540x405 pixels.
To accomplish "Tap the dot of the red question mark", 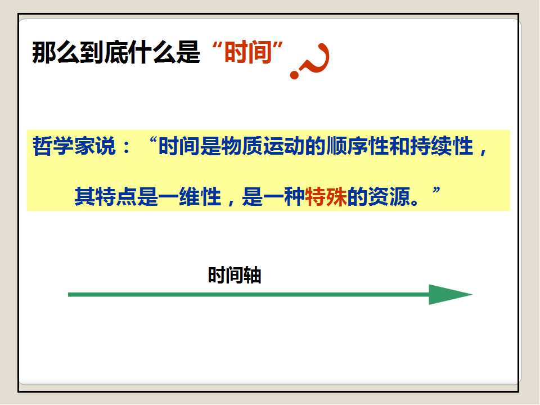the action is point(294,75).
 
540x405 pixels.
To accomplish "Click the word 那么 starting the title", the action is point(56,52).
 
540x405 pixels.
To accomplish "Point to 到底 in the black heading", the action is point(103,52).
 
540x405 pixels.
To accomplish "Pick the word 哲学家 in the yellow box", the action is point(64,146).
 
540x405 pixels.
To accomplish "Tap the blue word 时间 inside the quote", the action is point(179,146).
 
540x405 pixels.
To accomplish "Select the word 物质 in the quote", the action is point(242,146).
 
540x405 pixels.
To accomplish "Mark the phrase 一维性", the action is point(190,197).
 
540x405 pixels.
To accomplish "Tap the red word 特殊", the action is point(326,197).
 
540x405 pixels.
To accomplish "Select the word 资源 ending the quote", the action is point(389,197).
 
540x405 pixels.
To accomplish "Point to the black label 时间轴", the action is point(235,275).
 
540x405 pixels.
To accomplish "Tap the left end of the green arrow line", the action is point(69,294).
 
